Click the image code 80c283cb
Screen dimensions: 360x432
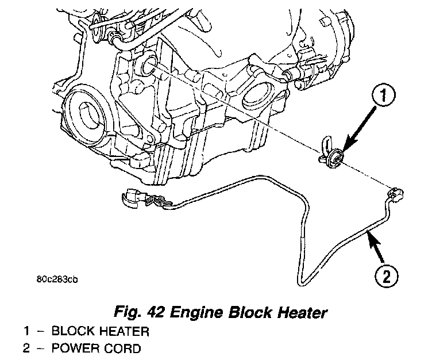(55, 280)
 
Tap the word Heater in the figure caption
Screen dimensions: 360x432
(299, 313)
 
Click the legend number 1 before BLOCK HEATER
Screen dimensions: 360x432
(26, 332)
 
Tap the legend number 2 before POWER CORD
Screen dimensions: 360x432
(26, 348)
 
